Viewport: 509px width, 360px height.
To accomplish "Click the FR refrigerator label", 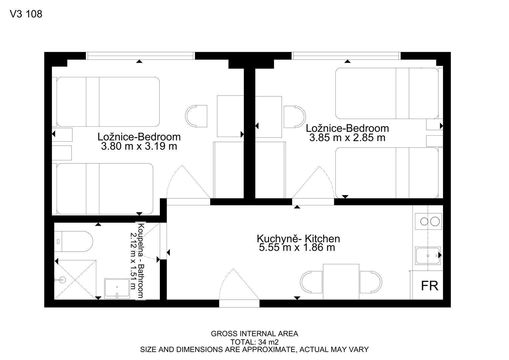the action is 429,286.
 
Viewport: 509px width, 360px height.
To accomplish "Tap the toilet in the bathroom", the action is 74,242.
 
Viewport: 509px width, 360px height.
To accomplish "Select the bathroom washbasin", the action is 117,288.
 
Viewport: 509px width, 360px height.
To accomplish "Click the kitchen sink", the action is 428,256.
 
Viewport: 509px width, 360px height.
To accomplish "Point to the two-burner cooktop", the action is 428,222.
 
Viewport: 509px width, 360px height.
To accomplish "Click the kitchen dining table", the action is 341,282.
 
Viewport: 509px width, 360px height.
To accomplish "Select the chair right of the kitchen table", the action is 371,282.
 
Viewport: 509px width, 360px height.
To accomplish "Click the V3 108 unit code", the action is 26,14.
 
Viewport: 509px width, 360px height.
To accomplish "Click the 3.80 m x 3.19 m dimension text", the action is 139,146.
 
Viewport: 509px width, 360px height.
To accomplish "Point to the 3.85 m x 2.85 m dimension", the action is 347,138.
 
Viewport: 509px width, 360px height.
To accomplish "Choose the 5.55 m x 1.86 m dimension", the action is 297,247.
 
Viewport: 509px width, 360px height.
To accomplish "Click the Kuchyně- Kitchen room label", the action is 298,239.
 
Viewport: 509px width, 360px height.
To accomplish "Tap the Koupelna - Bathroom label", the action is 141,261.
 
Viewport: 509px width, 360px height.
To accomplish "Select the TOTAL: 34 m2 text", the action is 254,342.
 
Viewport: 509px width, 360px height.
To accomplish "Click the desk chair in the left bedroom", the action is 196,116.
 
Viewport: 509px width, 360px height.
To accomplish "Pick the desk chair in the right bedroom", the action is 295,117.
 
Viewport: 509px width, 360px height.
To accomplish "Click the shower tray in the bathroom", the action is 75,280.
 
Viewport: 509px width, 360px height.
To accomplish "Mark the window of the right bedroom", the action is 346,56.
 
